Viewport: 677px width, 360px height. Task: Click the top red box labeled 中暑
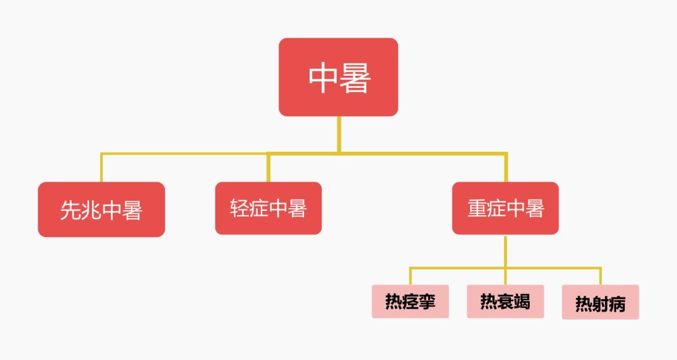click(x=338, y=77)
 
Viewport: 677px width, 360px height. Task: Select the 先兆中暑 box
click(x=102, y=209)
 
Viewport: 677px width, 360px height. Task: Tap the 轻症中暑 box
click(x=268, y=208)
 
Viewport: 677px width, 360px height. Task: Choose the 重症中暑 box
click(x=505, y=208)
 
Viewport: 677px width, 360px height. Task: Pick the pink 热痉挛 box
click(x=410, y=301)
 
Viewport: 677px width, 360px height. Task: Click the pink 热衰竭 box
click(x=505, y=301)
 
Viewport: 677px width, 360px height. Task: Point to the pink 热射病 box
click(x=600, y=302)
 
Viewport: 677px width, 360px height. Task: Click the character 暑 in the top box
click(x=355, y=78)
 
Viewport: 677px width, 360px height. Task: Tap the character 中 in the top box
click(x=323, y=78)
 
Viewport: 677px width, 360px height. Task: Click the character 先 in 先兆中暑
click(x=70, y=211)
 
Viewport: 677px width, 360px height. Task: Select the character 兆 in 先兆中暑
click(x=91, y=211)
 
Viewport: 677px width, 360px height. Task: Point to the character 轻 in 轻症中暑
click(x=239, y=208)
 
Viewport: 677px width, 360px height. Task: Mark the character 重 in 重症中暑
click(x=476, y=208)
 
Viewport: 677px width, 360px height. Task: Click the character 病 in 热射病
click(x=617, y=304)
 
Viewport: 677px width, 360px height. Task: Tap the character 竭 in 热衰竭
click(x=522, y=301)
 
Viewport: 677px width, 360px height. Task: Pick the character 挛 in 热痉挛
click(x=427, y=301)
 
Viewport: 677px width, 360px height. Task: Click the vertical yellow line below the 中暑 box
click(x=339, y=134)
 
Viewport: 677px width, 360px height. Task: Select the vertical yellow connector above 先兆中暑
click(x=102, y=167)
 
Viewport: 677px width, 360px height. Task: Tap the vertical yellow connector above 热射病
click(x=601, y=277)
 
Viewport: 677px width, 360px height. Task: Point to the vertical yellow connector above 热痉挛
click(x=410, y=277)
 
